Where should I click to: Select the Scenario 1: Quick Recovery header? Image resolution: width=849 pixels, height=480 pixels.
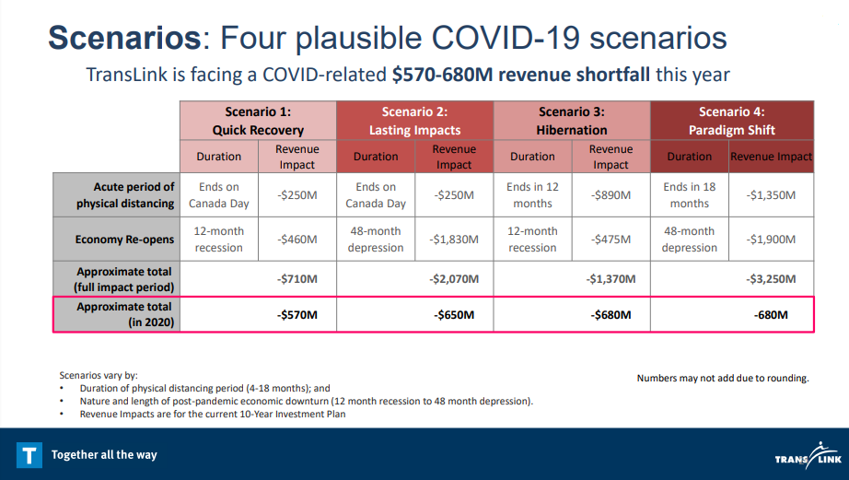click(258, 121)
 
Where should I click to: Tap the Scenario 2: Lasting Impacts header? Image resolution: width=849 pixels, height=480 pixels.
click(415, 121)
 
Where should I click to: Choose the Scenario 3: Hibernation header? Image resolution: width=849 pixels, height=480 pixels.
click(572, 121)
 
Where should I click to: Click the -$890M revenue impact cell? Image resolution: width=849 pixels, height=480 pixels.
click(611, 195)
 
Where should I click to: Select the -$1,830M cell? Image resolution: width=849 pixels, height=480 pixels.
click(454, 240)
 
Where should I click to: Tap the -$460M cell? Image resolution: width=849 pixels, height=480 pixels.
click(297, 240)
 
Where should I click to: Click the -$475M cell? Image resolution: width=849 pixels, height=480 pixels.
click(611, 240)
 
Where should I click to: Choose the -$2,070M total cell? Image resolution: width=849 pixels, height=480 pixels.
click(454, 279)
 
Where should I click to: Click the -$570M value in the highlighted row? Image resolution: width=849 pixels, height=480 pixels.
click(297, 315)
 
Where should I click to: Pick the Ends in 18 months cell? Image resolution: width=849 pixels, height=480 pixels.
click(689, 195)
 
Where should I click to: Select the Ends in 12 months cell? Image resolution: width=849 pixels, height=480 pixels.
click(532, 195)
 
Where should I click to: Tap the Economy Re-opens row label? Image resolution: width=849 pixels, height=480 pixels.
click(124, 240)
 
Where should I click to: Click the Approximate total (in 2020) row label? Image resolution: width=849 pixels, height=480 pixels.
click(124, 314)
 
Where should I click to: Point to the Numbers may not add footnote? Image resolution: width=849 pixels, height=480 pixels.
click(723, 378)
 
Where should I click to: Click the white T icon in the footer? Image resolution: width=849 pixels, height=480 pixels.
click(29, 454)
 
